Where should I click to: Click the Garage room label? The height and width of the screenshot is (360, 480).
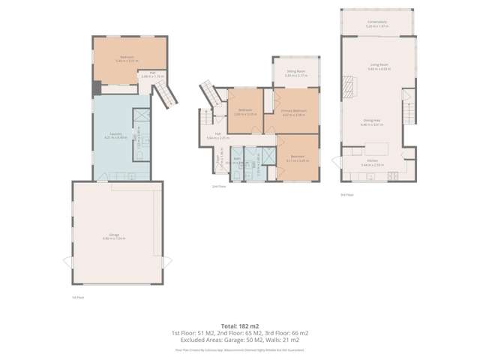pyautogui.click(x=115, y=235)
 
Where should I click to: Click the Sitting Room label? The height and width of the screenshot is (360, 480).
pyautogui.click(x=294, y=73)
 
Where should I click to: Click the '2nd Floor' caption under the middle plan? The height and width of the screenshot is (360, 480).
pyautogui.click(x=218, y=186)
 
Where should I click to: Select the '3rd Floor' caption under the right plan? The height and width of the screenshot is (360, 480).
pyautogui.click(x=346, y=194)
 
